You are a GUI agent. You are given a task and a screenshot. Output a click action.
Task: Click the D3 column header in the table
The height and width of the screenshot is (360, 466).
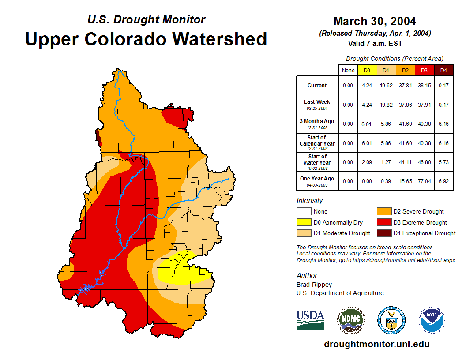coord(425,70)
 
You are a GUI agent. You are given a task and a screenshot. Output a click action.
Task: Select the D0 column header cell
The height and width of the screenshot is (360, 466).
coord(367,70)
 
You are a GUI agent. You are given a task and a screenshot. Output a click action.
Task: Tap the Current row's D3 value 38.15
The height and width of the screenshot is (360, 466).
coord(425,86)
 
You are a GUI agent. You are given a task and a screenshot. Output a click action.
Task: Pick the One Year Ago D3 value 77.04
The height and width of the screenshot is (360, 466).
coord(425,181)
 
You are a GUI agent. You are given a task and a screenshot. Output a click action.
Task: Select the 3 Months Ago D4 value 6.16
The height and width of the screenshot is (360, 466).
coord(443,124)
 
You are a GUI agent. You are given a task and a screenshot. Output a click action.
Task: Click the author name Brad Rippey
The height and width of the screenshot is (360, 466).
coord(314,285)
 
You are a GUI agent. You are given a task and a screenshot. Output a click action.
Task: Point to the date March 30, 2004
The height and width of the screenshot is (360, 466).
coord(375,21)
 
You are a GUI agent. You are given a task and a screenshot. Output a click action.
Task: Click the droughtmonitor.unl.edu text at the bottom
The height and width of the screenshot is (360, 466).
coord(376,344)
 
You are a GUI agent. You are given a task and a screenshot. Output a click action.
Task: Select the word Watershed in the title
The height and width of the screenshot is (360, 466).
coord(220,39)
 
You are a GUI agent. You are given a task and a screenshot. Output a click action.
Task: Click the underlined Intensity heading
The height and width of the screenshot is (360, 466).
coord(310,201)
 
